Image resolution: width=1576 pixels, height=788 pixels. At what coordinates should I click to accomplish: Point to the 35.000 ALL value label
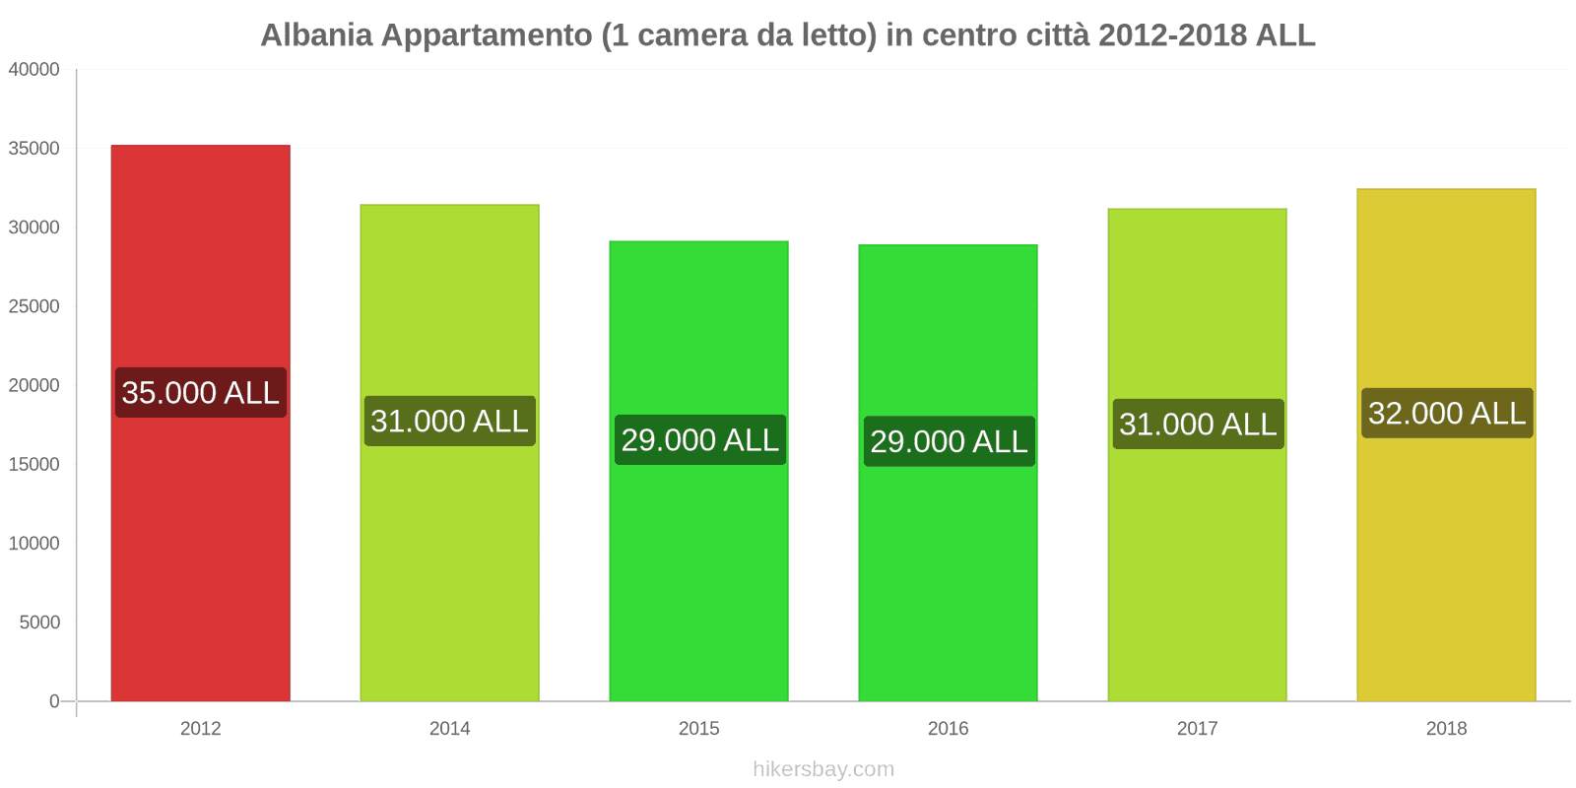point(201,393)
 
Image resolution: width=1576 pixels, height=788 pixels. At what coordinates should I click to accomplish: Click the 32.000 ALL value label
point(1447,414)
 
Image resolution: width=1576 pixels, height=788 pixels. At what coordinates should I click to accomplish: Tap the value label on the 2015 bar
point(699,440)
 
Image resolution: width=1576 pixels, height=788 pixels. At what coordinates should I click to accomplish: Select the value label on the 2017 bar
point(1198,425)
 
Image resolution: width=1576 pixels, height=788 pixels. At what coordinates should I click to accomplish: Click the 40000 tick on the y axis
point(34,70)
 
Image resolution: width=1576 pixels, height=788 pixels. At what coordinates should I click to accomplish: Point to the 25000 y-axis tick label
point(34,306)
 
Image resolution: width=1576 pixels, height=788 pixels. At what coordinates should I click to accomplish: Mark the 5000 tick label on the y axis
point(39,623)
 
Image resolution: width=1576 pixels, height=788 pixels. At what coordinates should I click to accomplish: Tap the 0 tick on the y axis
point(54,701)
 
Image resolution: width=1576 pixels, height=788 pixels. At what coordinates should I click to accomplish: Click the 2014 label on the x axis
point(449,729)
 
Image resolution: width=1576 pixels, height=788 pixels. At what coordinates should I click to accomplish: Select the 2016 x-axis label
point(948,729)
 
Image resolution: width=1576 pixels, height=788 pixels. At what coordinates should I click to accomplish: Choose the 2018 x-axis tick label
point(1446,729)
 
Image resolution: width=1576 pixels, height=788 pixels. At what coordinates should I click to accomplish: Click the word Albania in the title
point(316,35)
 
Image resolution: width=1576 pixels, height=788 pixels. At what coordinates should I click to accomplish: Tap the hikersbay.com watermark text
point(823,769)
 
